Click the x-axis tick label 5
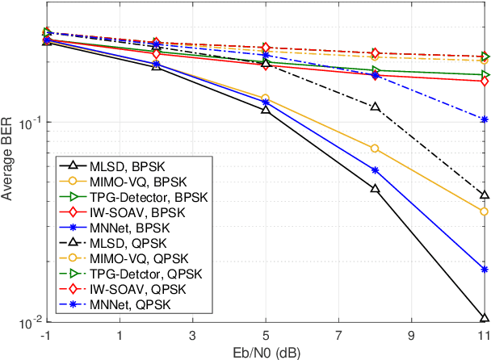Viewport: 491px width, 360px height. [266, 335]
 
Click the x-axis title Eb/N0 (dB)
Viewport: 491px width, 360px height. [266, 351]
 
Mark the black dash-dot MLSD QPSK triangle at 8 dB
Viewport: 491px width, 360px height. [375, 107]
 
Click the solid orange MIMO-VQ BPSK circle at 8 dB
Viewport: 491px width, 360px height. [375, 149]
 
